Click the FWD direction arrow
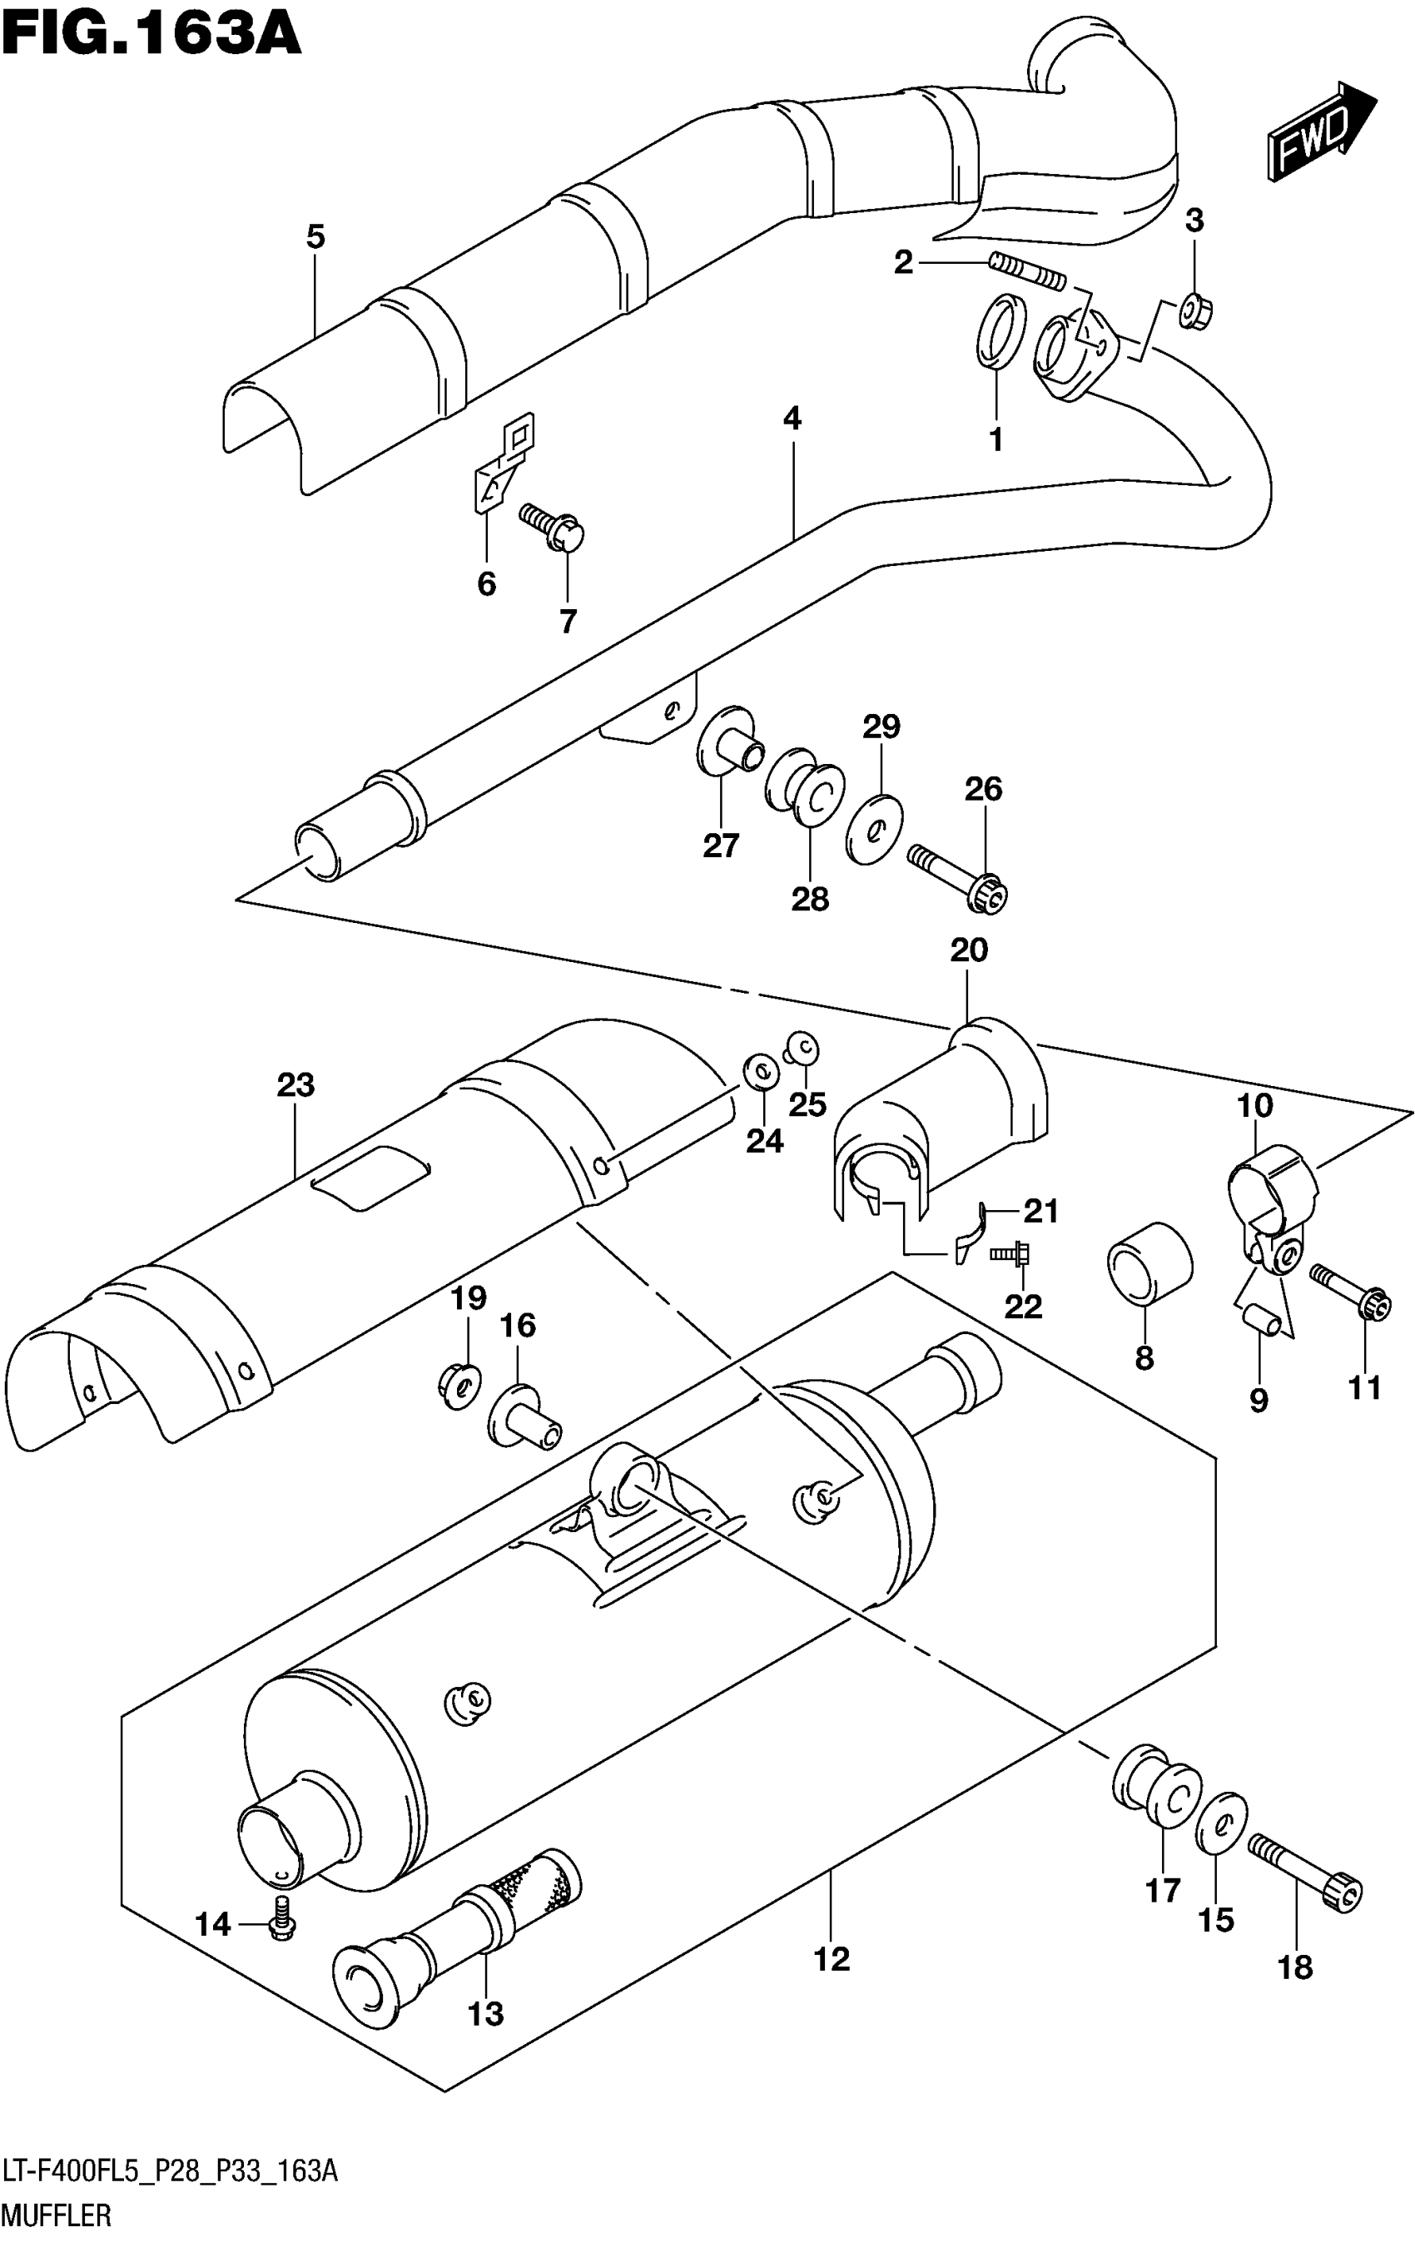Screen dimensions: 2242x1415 1319,131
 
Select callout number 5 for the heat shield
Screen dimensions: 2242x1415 315,237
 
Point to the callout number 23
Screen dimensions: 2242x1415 295,1084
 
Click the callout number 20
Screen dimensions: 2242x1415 968,950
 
